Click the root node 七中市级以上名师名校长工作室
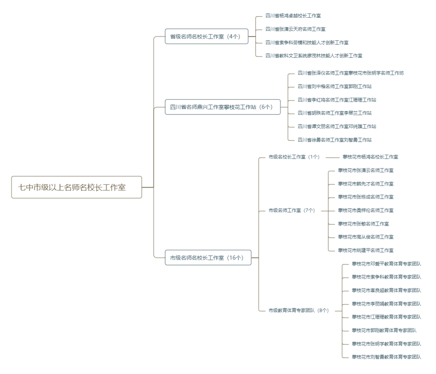tap(77, 187)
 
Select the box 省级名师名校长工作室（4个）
tap(206, 36)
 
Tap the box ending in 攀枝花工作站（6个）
tap(222, 107)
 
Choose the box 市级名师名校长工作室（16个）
tap(208, 258)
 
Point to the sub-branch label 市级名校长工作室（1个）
tap(294, 157)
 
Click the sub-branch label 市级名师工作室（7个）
tap(291, 210)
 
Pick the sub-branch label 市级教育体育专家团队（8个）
tap(299, 311)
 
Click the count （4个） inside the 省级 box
tap(233, 36)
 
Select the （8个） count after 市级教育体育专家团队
tap(323, 311)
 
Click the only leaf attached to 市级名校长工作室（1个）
tap(370, 157)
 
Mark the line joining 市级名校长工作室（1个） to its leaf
tap(332, 157)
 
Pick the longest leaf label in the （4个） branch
tap(314, 56)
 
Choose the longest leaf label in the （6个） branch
tap(351, 73)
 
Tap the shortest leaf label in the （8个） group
tap(384, 330)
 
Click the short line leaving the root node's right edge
tap(148, 187)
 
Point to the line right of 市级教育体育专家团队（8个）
tap(337, 311)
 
